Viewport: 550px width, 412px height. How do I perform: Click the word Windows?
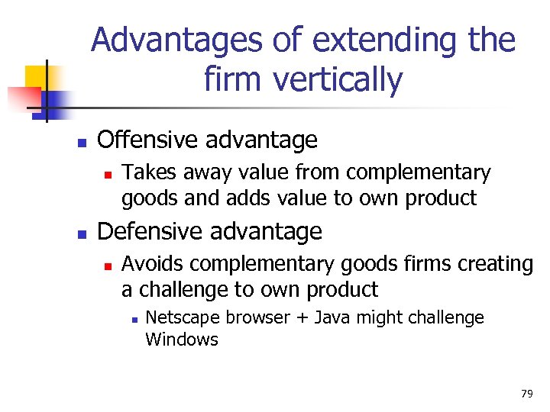click(x=182, y=340)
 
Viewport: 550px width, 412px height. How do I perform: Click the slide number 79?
click(x=526, y=394)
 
